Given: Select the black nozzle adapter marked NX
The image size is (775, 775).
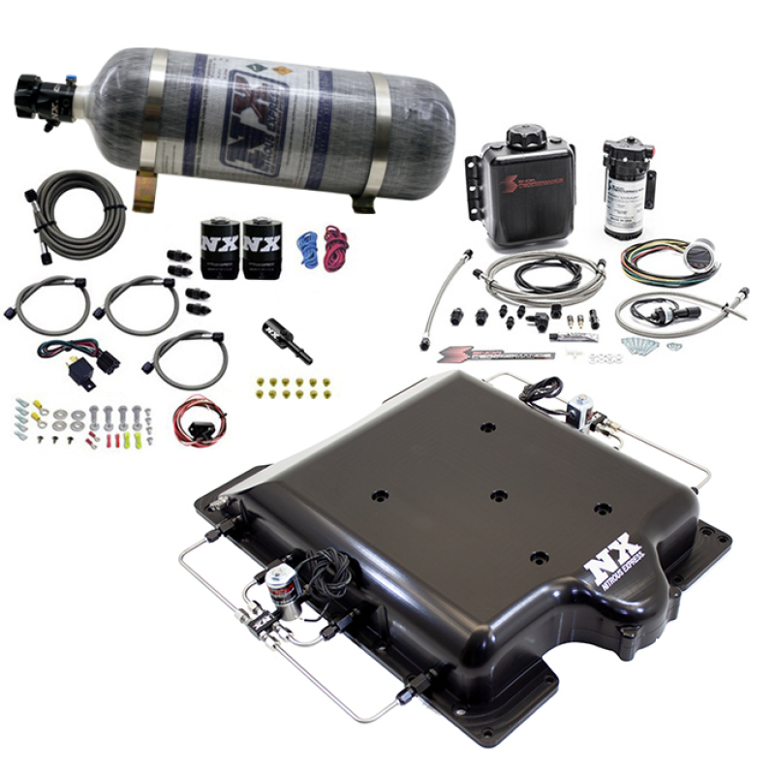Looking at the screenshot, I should coord(285,338).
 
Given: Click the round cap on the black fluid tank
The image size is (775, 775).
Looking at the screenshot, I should coord(527,135).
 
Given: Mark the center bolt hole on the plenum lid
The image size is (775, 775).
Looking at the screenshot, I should coord(498,495).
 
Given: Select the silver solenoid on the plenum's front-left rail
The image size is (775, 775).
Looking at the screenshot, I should coord(283,587).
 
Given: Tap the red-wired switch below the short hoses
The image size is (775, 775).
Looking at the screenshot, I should coord(200,422).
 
